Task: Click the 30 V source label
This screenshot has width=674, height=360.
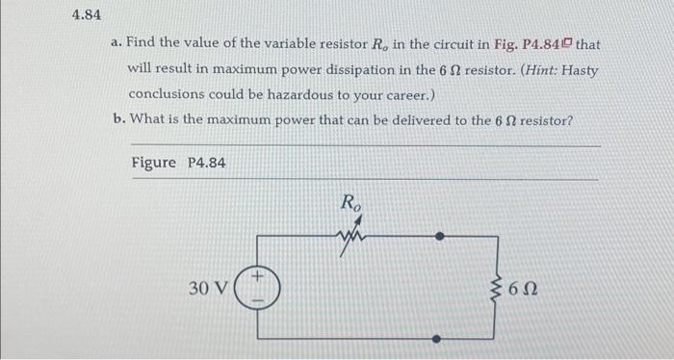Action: [x=209, y=288]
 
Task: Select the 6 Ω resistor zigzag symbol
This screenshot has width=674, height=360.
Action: [x=499, y=287]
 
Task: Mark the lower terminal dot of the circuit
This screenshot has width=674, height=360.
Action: [x=441, y=339]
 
